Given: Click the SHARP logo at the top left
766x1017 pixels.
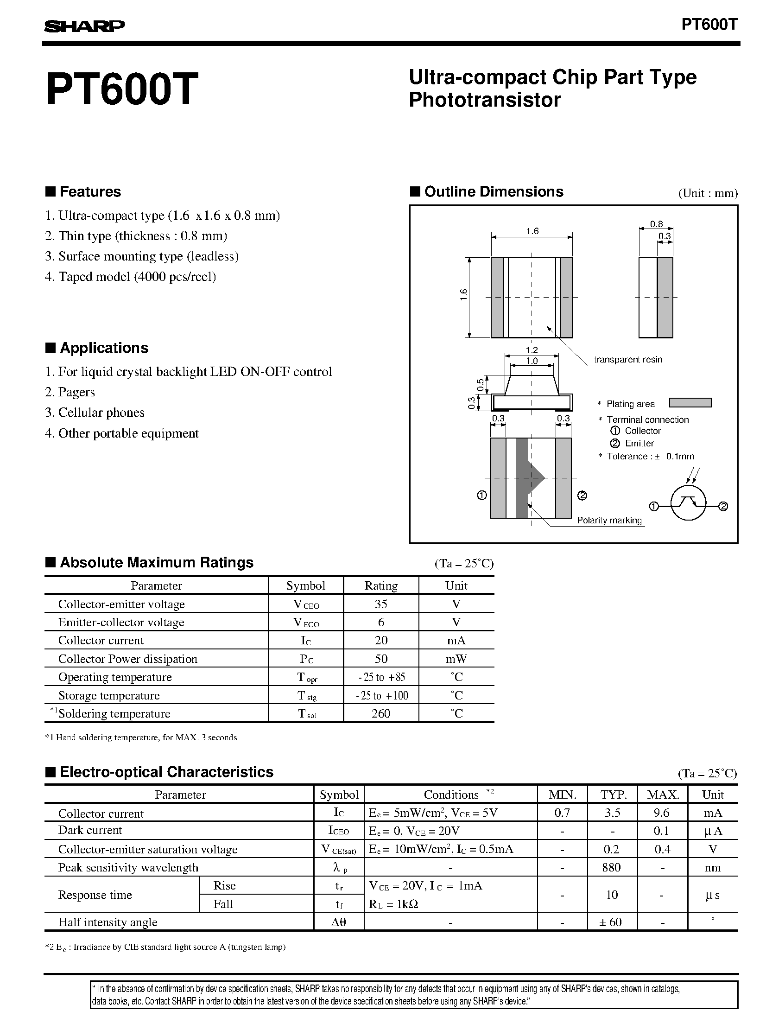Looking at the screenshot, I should click(84, 27).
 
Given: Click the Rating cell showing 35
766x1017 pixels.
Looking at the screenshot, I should click(381, 604).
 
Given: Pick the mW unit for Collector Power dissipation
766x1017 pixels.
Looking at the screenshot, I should click(456, 659).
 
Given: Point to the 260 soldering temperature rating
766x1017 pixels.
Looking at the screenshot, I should click(381, 713).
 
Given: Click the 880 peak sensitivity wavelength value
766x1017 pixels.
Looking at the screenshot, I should click(611, 867).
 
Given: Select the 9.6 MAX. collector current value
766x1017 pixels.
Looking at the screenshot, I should click(661, 813).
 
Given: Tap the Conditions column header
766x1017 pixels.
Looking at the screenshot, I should click(451, 795).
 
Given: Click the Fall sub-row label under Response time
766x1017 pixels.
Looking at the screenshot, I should click(223, 904).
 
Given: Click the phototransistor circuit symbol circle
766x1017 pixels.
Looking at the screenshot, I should click(689, 502).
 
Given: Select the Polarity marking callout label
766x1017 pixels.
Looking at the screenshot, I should click(609, 520).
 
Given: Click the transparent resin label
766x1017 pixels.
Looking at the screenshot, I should click(628, 359).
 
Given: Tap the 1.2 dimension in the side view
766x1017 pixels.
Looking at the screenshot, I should click(532, 350).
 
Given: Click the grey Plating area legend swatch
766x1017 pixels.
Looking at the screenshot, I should click(690, 403).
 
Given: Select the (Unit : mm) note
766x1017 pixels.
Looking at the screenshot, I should click(708, 193).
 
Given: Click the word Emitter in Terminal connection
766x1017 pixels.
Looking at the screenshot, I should click(639, 443).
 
